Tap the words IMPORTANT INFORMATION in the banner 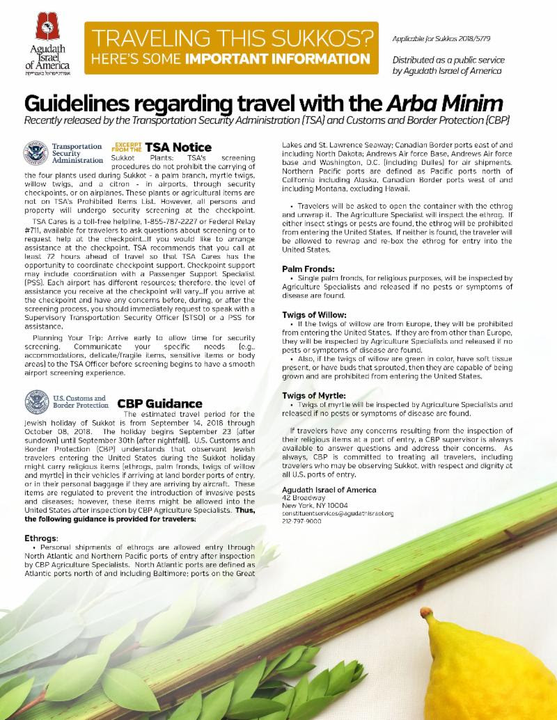click(x=299, y=56)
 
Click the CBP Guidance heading click(x=159, y=403)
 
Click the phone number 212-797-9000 click(x=302, y=521)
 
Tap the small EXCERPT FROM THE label click(x=127, y=147)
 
